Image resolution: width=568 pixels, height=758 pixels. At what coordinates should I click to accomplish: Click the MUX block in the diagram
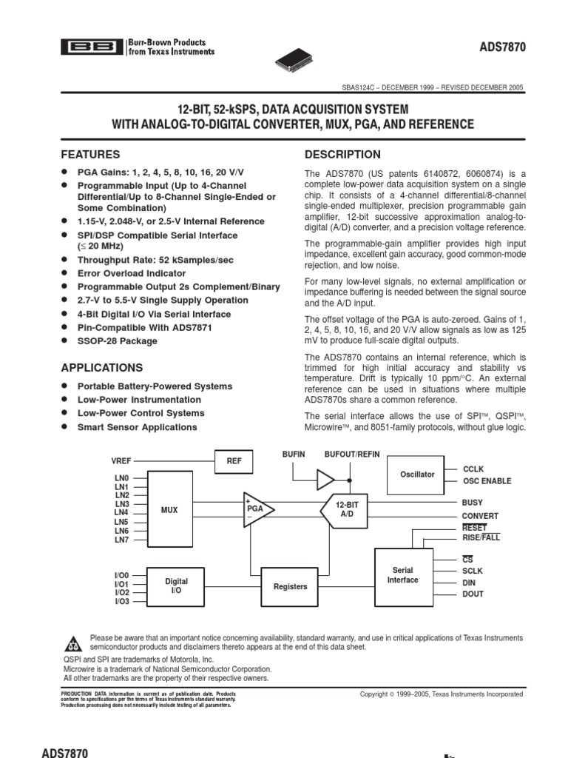coord(169,510)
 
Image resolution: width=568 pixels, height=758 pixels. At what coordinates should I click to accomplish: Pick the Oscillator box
coord(417,474)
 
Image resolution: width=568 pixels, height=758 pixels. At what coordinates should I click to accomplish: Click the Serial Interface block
coord(403,575)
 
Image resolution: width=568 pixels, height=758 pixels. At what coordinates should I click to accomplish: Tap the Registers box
coord(290,586)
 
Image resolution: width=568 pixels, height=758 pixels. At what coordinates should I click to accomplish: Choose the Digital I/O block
coord(176,586)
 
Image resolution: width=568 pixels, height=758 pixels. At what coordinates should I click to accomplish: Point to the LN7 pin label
coord(121,540)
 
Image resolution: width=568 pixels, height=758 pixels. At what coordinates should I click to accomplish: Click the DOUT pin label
coord(473,594)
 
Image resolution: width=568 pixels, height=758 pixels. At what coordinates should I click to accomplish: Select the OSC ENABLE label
coord(487,481)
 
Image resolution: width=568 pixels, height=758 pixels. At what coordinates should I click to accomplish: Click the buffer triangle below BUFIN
coord(325,480)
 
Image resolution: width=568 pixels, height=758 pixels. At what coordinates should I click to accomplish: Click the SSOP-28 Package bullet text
coord(118,341)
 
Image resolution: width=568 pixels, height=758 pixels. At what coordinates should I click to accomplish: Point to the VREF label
coord(121,460)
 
